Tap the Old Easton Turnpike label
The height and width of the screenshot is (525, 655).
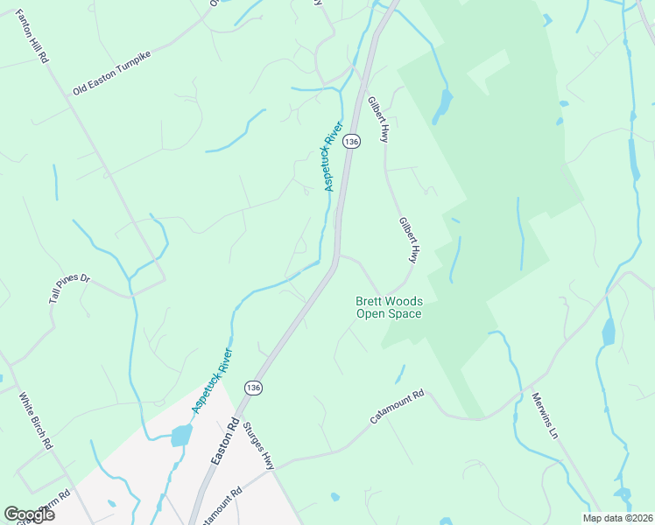pyautogui.click(x=112, y=73)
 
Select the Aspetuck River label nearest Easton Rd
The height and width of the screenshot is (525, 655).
pyautogui.click(x=213, y=381)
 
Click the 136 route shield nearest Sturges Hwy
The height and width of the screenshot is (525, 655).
pyautogui.click(x=253, y=388)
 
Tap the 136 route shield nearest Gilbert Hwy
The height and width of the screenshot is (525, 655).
pyautogui.click(x=351, y=141)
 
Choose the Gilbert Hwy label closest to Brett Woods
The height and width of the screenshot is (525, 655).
pyautogui.click(x=409, y=241)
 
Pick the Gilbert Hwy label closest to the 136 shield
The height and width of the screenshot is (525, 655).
pyautogui.click(x=378, y=120)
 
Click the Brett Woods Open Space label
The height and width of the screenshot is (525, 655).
pyautogui.click(x=388, y=307)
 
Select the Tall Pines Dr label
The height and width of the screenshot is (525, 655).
pyautogui.click(x=69, y=289)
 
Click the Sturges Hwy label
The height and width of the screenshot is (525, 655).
pyautogui.click(x=260, y=445)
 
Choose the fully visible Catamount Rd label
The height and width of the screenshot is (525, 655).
pyautogui.click(x=397, y=407)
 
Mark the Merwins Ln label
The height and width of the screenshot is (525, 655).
pyautogui.click(x=544, y=416)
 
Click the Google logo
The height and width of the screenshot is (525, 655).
pyautogui.click(x=29, y=514)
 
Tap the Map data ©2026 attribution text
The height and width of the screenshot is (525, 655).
pyautogui.click(x=616, y=518)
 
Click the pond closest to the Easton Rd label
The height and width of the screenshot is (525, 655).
pyautogui.click(x=182, y=435)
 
